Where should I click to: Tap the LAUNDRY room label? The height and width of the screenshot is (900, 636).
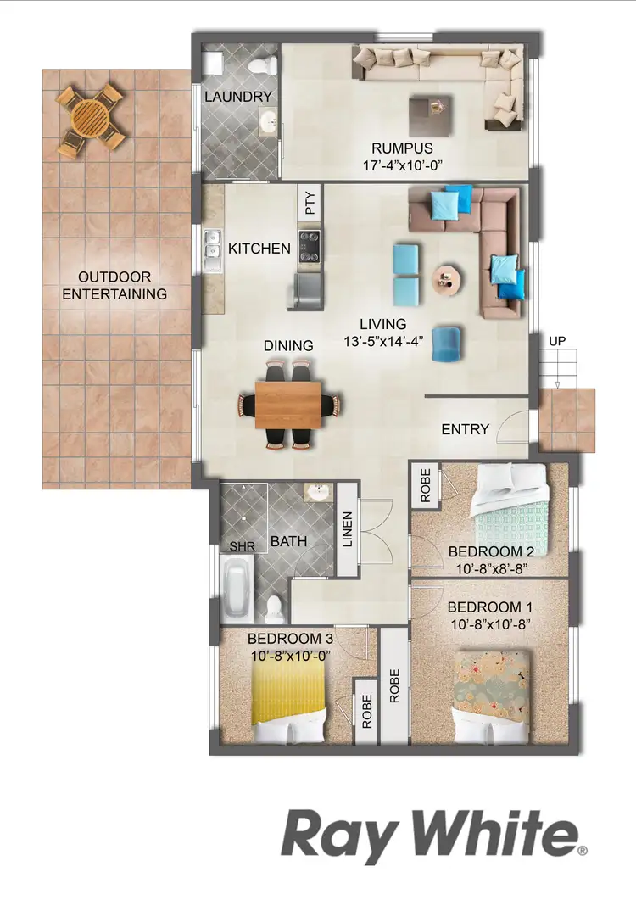237,97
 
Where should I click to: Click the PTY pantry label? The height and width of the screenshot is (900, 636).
310,204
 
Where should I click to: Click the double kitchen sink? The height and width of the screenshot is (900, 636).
211,252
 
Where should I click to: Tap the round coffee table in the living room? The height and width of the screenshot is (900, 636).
447,280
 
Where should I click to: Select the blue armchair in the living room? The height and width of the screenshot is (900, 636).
448,344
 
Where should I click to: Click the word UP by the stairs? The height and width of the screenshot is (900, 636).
557,341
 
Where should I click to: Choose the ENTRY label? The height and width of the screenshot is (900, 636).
466,429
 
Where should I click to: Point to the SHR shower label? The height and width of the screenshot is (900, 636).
243,547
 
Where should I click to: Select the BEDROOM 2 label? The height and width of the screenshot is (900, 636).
491,552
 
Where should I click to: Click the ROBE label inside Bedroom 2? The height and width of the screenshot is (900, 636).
425,485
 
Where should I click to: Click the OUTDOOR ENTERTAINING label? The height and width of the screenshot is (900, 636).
114,286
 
